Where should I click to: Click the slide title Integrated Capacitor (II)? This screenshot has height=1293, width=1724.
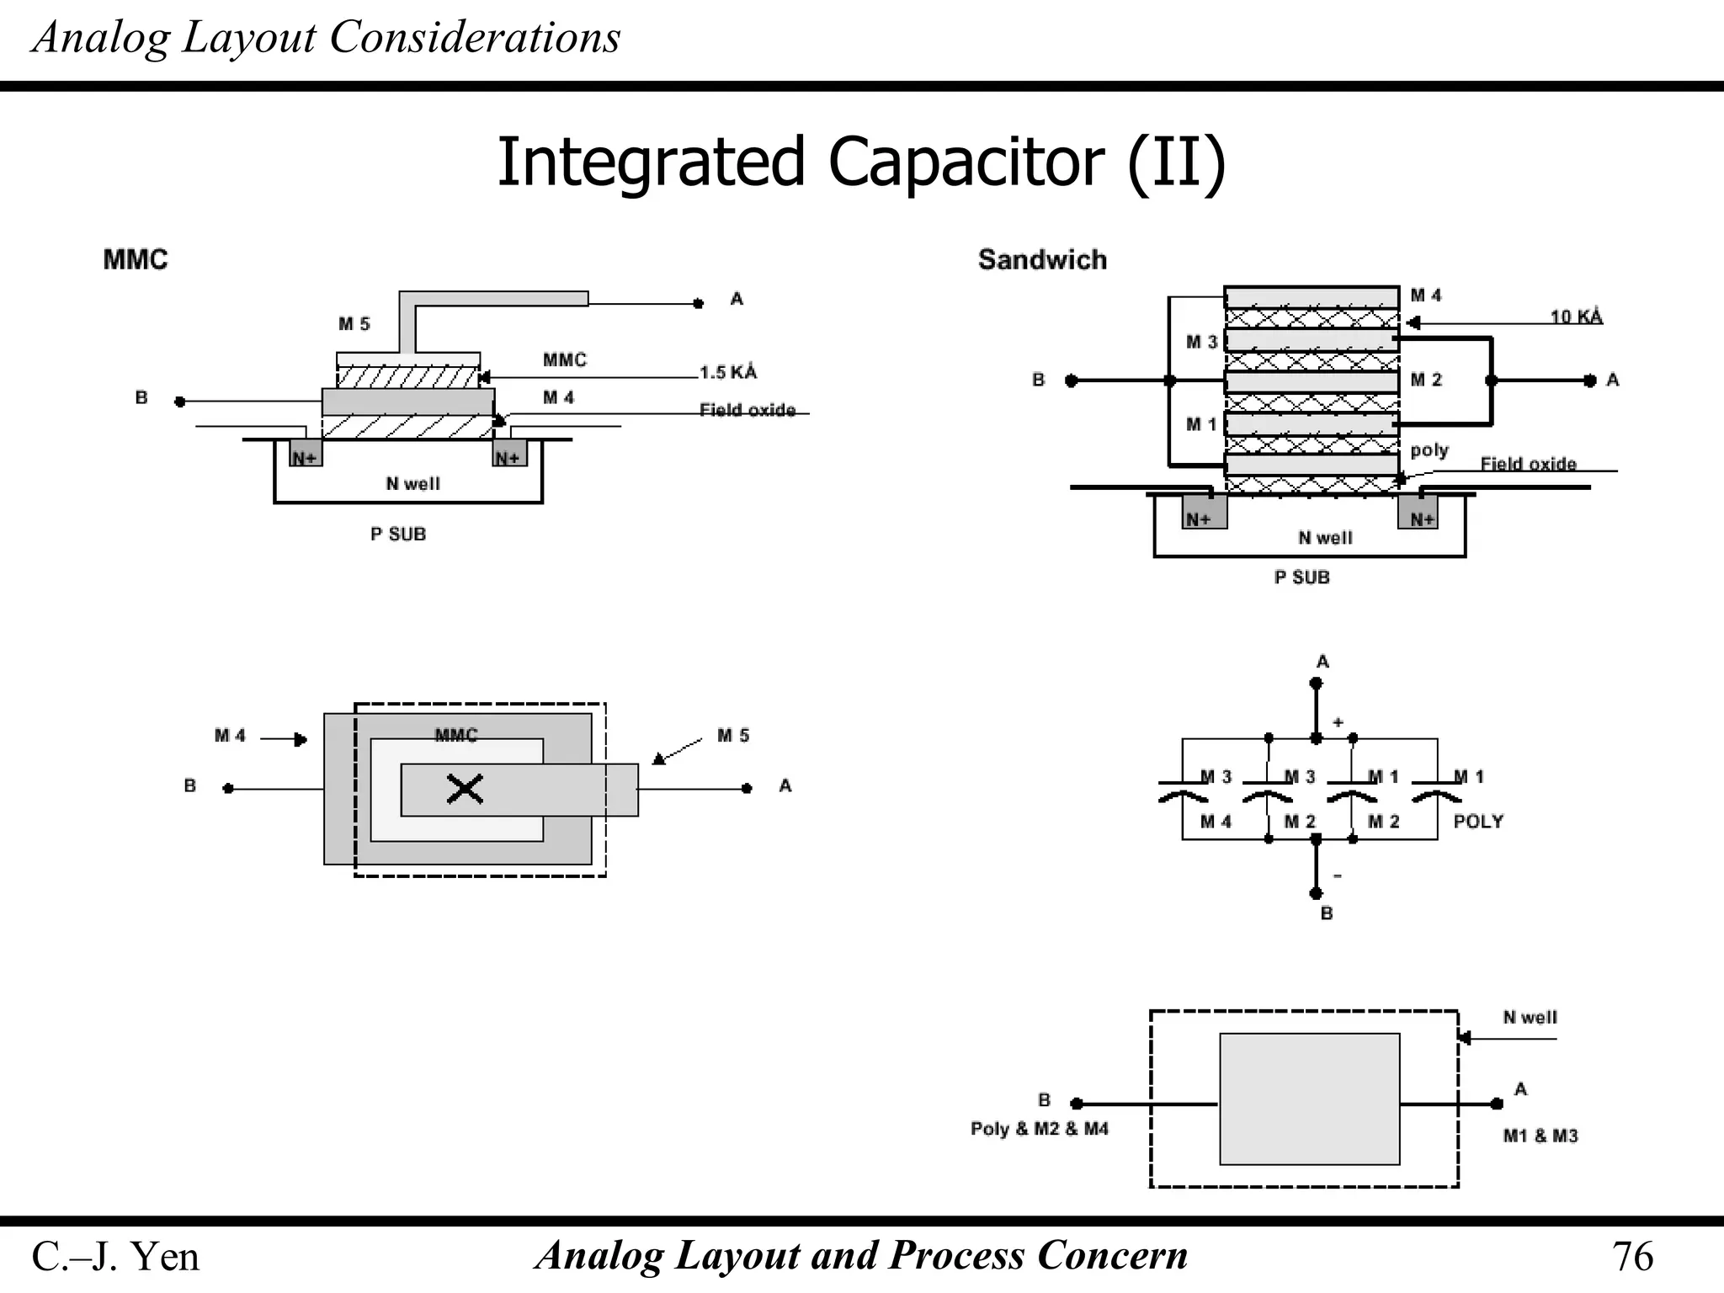(x=860, y=162)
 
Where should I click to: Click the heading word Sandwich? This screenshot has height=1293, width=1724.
(x=1042, y=259)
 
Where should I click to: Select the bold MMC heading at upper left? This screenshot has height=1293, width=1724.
(x=136, y=259)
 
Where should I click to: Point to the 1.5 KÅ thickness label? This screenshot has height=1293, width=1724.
(x=728, y=372)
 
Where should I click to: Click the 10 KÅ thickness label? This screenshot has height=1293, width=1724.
(x=1576, y=317)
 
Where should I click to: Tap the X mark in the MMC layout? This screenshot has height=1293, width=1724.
(x=465, y=790)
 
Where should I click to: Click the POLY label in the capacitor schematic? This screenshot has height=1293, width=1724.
(x=1478, y=822)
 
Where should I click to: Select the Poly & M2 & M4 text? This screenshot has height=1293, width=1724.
(x=1039, y=1129)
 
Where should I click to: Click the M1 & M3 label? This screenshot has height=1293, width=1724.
(x=1540, y=1136)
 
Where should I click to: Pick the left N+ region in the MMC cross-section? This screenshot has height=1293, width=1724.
(x=306, y=455)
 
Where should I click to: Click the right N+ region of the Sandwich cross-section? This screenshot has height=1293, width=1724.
(x=1419, y=515)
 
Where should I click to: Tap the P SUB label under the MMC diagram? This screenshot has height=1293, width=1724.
(x=398, y=535)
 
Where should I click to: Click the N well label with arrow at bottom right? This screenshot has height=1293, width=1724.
(x=1530, y=1017)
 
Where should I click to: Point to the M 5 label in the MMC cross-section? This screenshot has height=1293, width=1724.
(x=354, y=324)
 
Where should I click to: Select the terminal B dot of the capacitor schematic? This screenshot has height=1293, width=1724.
(x=1316, y=893)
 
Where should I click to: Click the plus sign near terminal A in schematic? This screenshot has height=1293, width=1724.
(x=1338, y=722)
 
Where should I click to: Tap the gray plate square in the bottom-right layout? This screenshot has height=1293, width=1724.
(x=1309, y=1099)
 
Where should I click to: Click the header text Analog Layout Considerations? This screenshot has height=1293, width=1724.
(x=326, y=38)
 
